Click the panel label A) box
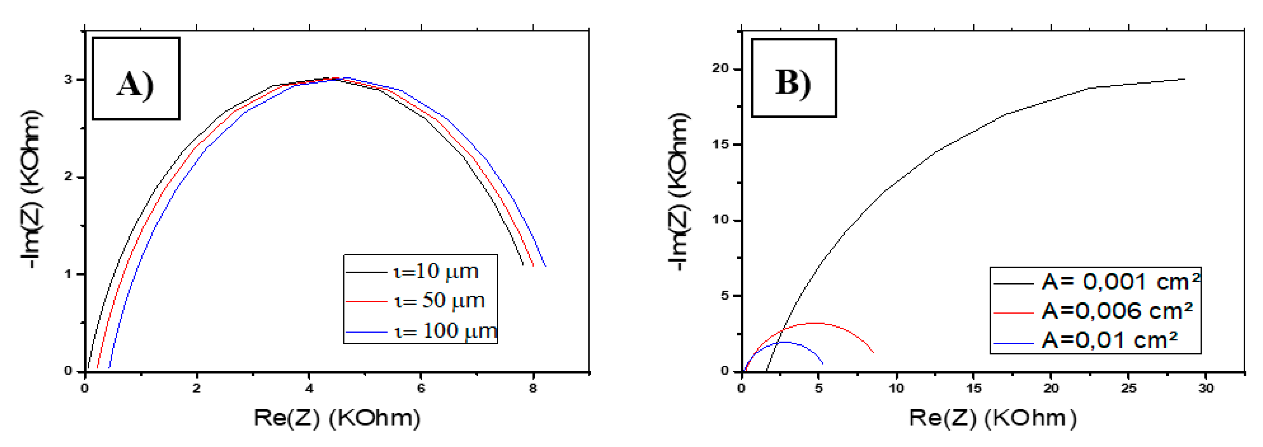point(136,78)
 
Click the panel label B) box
point(793,78)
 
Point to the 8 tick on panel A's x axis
point(533,388)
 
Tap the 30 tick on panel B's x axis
point(1205,388)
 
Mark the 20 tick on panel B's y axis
point(721,69)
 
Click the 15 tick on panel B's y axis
point(721,145)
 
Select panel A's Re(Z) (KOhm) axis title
point(337,418)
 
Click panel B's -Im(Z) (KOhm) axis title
point(680,191)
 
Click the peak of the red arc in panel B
point(815,323)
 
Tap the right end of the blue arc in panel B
point(822,363)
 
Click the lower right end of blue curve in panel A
point(545,266)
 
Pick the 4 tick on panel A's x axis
point(309,388)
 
